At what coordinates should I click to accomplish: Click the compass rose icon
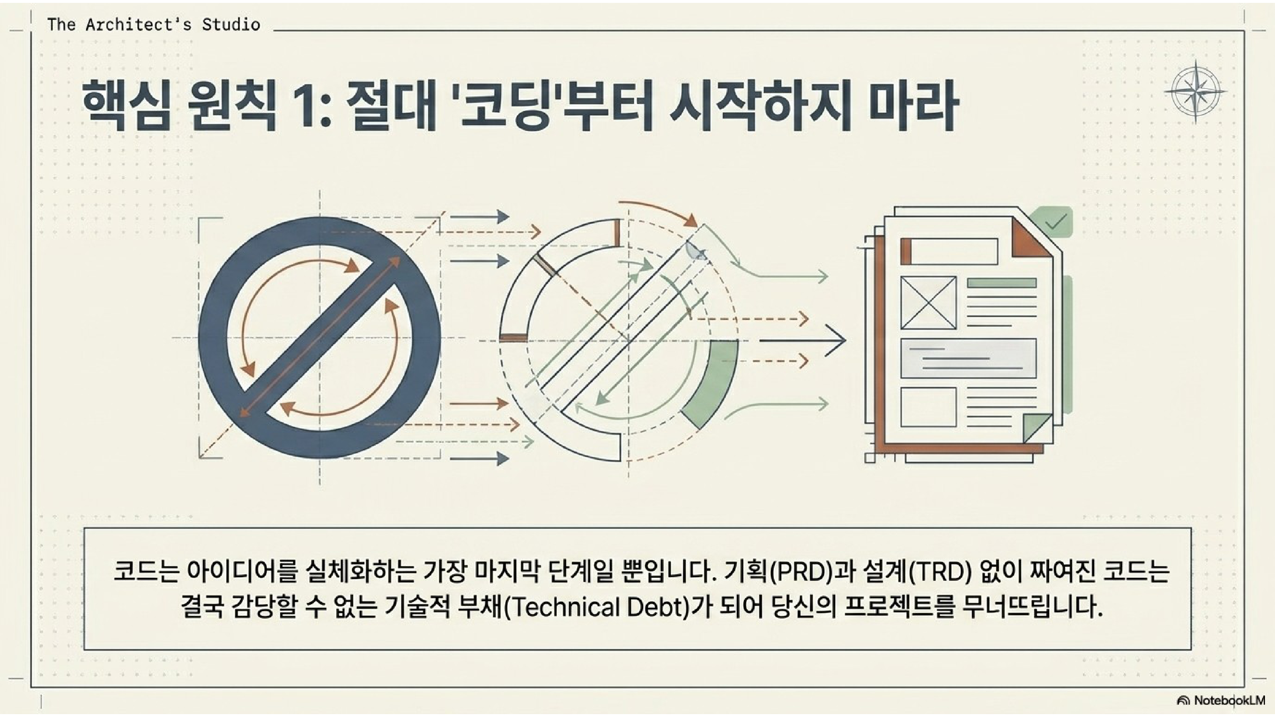pyautogui.click(x=1196, y=91)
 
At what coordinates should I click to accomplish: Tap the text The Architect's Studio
pyautogui.click(x=153, y=24)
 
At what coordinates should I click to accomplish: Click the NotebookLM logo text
pyautogui.click(x=1228, y=700)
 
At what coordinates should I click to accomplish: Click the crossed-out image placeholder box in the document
pyautogui.click(x=928, y=302)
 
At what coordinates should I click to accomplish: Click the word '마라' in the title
pyautogui.click(x=913, y=107)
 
